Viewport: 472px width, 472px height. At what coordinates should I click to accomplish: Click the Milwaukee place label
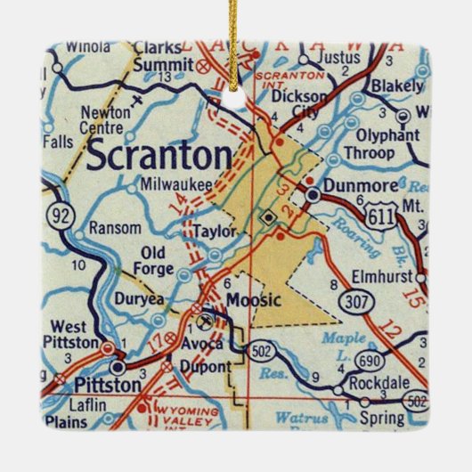tap(176, 183)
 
